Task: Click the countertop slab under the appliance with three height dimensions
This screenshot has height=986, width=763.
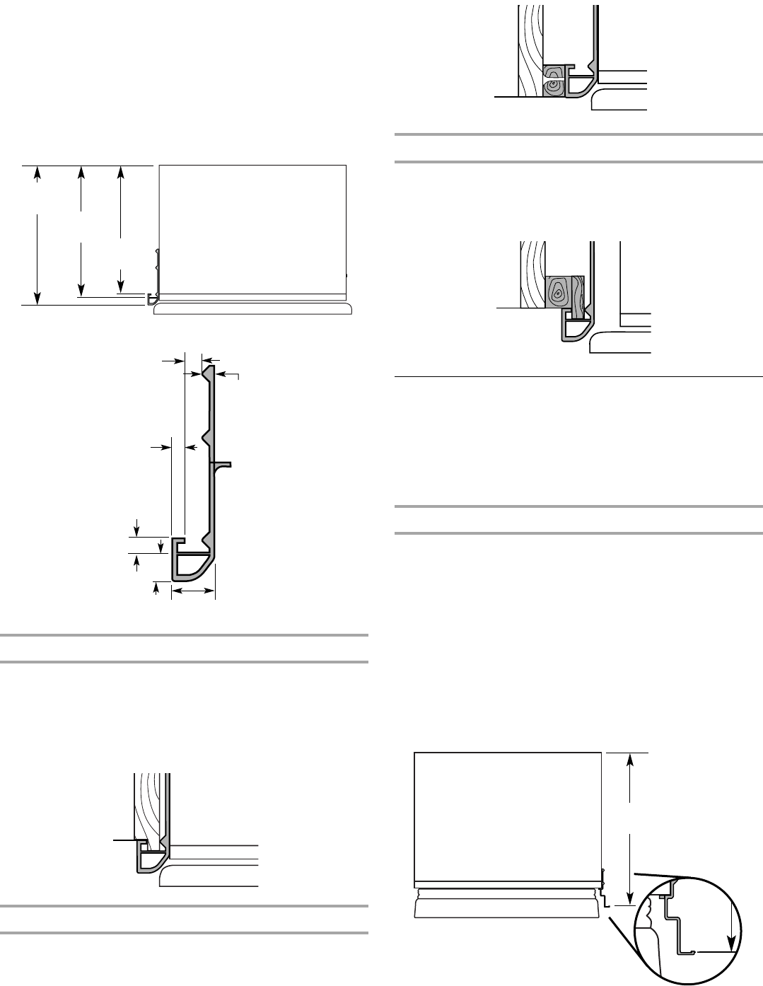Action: (252, 311)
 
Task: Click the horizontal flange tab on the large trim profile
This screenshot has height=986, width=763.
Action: (223, 464)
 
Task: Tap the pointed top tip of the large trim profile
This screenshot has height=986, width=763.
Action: (209, 367)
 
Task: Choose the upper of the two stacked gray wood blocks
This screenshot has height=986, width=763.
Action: (553, 71)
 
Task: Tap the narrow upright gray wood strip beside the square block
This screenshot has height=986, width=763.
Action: (578, 296)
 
